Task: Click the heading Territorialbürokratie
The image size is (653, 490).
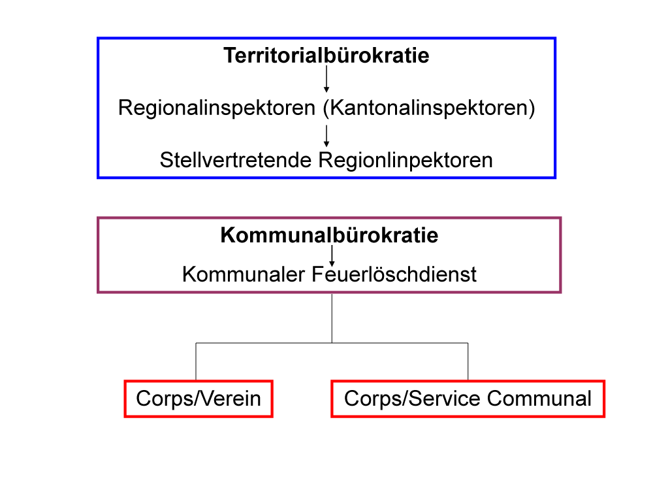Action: coord(326,56)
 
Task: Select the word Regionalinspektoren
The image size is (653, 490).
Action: coord(217,108)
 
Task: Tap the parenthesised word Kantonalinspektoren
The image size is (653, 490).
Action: coord(429,108)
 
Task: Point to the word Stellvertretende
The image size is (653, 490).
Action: coord(236,160)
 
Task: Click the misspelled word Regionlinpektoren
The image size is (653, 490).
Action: coord(406,161)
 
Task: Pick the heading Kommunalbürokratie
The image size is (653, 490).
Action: coord(329,235)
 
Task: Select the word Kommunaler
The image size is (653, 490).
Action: coord(244,274)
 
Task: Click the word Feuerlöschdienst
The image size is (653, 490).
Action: coord(394,274)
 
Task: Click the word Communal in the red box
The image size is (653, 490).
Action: coord(539,399)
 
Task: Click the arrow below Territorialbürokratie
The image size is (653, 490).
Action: coord(326,79)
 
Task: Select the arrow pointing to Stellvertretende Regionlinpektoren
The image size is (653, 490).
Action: coord(326,136)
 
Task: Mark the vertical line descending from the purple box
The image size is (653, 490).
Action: coord(332,318)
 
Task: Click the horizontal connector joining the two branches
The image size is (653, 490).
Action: coord(332,344)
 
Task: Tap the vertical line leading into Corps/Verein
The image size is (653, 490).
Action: coord(196,362)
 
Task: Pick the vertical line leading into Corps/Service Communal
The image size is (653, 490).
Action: coord(468,362)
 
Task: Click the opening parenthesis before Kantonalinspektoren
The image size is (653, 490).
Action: coord(326,108)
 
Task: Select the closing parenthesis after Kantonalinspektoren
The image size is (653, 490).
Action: coord(532,108)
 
